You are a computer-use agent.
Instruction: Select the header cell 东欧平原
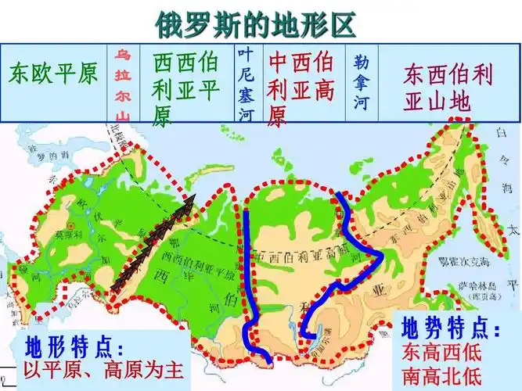pyautogui.click(x=53, y=74)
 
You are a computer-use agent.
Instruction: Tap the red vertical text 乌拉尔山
pyautogui.click(x=122, y=84)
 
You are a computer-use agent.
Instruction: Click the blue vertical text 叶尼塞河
pyautogui.click(x=246, y=84)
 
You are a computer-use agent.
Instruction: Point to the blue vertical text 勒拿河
pyautogui.click(x=361, y=82)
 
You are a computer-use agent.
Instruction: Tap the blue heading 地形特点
pyautogui.click(x=75, y=346)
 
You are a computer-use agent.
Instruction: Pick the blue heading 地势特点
pyautogui.click(x=450, y=328)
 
